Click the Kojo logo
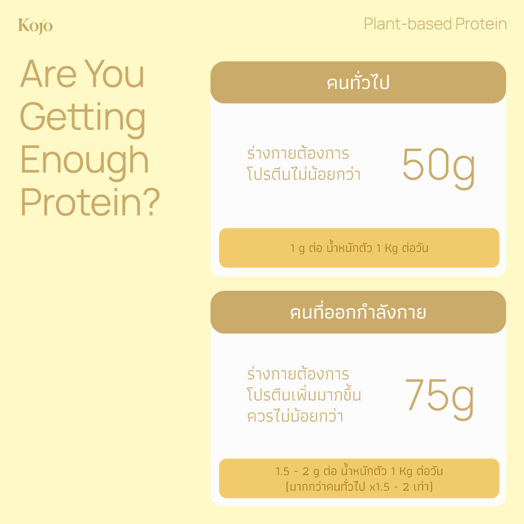(35, 25)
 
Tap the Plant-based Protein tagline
(435, 24)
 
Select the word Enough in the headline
(84, 160)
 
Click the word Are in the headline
(48, 74)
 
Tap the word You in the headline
(114, 74)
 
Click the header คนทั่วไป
(358, 83)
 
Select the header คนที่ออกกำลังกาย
(358, 312)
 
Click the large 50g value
(438, 165)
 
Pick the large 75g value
(439, 396)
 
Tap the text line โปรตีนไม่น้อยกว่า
(304, 174)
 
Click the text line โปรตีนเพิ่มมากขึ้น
(304, 396)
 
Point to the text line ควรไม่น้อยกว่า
(295, 417)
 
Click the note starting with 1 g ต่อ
(359, 248)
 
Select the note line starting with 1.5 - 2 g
(359, 472)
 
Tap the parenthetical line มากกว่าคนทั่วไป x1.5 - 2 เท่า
(359, 487)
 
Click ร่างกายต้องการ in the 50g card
(298, 153)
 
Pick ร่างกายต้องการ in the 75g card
(298, 375)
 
